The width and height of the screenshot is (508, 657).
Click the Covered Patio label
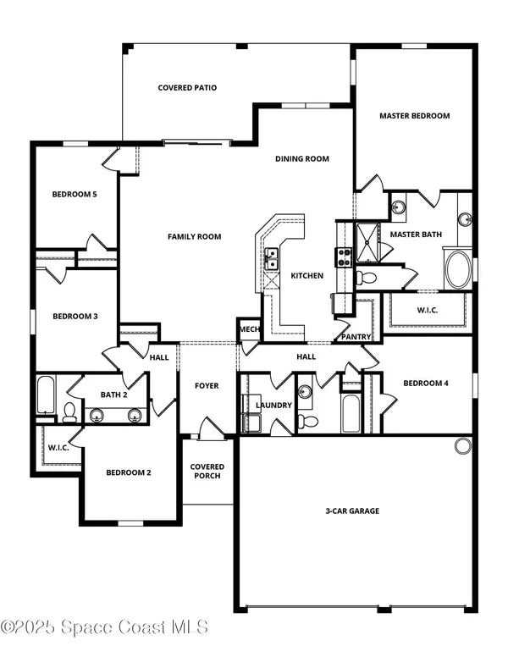click(187, 87)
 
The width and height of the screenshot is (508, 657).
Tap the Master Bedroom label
click(415, 116)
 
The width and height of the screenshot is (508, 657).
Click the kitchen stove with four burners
click(344, 257)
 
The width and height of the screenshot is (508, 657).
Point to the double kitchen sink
click(271, 259)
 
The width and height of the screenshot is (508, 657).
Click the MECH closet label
click(250, 329)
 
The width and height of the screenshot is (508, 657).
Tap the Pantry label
click(356, 336)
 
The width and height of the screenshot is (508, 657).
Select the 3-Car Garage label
click(352, 511)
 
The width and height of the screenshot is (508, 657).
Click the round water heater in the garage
click(463, 446)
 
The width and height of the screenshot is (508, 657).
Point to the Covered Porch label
click(207, 471)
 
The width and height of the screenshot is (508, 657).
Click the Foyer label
click(207, 385)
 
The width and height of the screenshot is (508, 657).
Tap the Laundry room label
click(273, 406)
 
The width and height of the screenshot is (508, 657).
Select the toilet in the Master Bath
click(366, 277)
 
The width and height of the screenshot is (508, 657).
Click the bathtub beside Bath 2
click(45, 395)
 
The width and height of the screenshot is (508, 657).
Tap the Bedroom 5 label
click(75, 194)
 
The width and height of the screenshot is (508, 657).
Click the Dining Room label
click(302, 159)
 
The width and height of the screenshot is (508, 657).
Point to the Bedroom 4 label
click(426, 383)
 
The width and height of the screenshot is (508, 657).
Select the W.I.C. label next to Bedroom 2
click(58, 448)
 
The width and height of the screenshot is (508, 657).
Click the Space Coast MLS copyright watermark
click(104, 627)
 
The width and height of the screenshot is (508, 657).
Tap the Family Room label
click(195, 237)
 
